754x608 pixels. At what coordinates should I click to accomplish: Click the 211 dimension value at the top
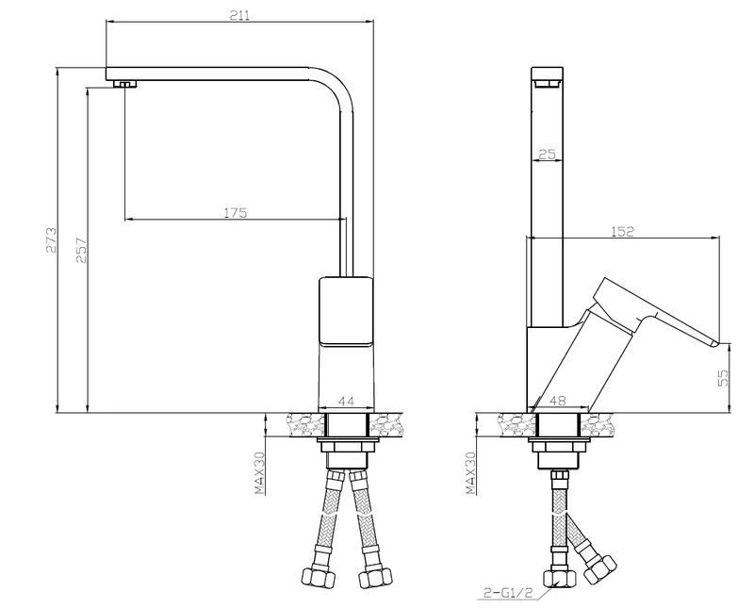pos(239,15)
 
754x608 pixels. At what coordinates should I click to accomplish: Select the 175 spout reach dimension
pos(236,212)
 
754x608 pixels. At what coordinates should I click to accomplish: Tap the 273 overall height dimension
pos(52,239)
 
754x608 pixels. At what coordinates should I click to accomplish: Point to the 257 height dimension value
pos(81,250)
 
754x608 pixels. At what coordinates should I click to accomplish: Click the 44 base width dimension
pos(346,401)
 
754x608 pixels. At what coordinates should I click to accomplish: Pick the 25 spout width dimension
pos(548,154)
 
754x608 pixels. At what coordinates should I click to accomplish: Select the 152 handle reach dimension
pos(623,231)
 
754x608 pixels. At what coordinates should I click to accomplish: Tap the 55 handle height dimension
pos(723,378)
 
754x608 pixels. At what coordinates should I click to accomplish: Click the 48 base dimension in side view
pos(558,401)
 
